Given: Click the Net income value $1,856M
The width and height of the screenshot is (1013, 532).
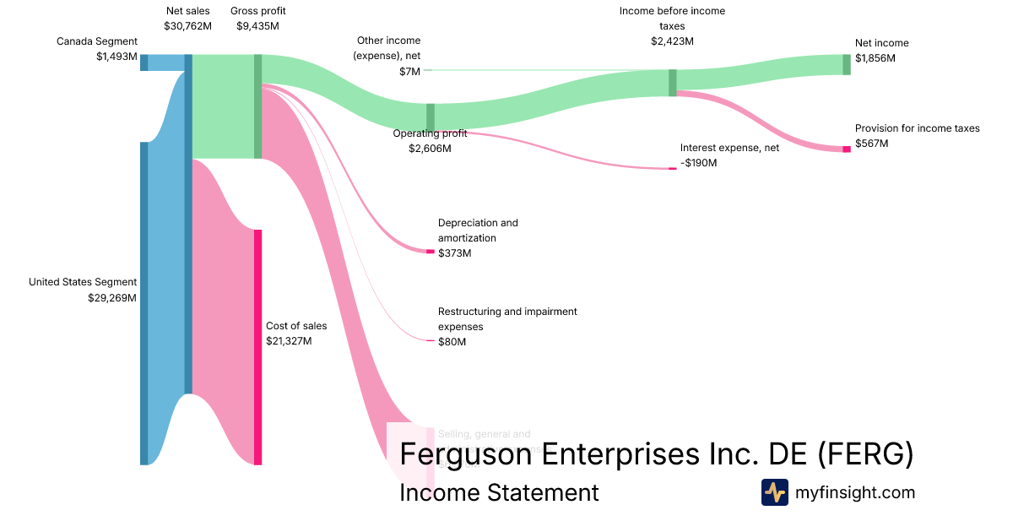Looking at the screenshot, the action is tap(875, 58).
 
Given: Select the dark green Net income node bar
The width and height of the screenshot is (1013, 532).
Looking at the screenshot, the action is tap(847, 64).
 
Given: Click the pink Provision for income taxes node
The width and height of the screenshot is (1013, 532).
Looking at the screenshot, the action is tap(847, 149).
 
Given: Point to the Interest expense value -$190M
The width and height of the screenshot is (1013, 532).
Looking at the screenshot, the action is tap(698, 162).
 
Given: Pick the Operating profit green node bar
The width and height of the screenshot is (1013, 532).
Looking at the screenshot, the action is tap(431, 117).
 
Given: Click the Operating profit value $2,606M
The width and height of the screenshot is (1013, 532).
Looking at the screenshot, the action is tap(429, 149).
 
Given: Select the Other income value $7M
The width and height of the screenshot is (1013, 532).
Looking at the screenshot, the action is tap(409, 72).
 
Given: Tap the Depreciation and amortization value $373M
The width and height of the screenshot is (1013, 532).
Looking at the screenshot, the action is tap(455, 253).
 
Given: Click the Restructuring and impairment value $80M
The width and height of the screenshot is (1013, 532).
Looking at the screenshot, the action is tap(452, 342).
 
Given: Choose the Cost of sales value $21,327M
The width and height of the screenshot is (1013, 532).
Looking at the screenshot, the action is tap(289, 341).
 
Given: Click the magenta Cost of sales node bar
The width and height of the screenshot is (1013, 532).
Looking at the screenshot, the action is tap(258, 346).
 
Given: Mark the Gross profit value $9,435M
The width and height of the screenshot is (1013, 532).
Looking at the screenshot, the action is tap(257, 26).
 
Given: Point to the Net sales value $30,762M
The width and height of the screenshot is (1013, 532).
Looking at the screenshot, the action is tap(187, 26).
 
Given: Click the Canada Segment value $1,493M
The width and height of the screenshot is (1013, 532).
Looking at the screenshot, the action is tap(116, 57).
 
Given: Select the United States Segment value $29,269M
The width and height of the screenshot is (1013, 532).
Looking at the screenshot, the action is tap(112, 297).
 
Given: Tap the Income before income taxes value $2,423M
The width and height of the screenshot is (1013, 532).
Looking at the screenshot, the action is tap(672, 41).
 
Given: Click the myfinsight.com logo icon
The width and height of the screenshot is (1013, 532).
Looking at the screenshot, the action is tap(774, 492).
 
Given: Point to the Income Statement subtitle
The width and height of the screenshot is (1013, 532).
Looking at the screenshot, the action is tap(499, 493).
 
